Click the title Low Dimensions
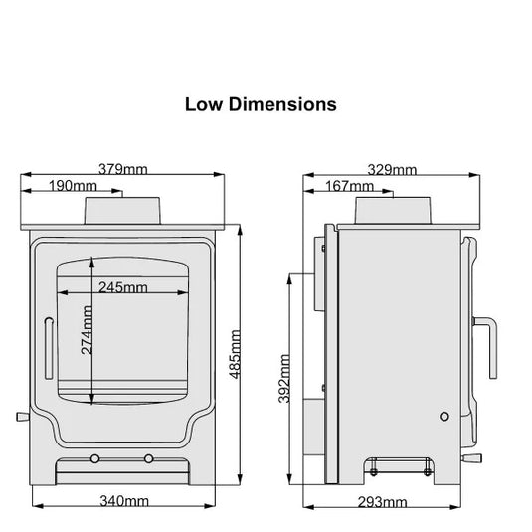(x=261, y=103)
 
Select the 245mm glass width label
(x=123, y=288)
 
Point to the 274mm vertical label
(x=87, y=331)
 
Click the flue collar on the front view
(x=122, y=210)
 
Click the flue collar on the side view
(x=393, y=209)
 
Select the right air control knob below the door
(x=149, y=458)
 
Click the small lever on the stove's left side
(x=19, y=416)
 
